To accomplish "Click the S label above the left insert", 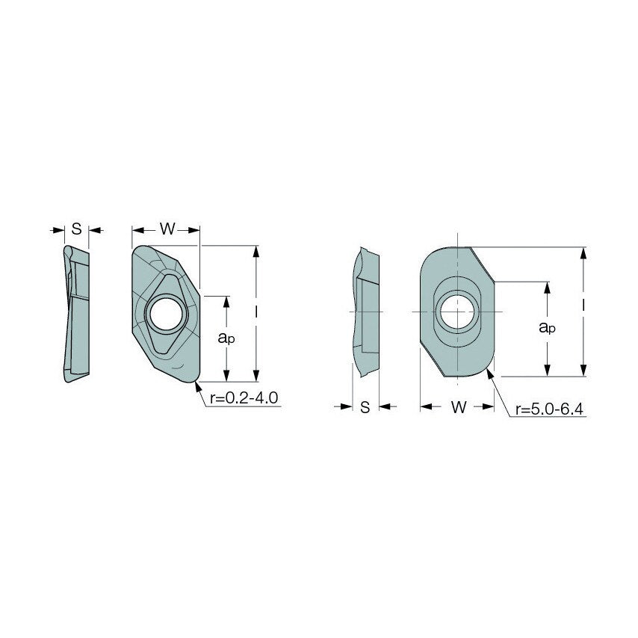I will point(76,229).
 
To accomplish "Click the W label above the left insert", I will point(167,229).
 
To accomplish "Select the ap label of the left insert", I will point(226,338).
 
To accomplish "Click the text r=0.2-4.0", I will point(244,398).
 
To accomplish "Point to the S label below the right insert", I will point(365,407).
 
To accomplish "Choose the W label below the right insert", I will point(459,407).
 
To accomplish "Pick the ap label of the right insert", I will point(548,327).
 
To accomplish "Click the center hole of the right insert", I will point(455,311).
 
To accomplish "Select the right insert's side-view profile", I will point(365,311).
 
